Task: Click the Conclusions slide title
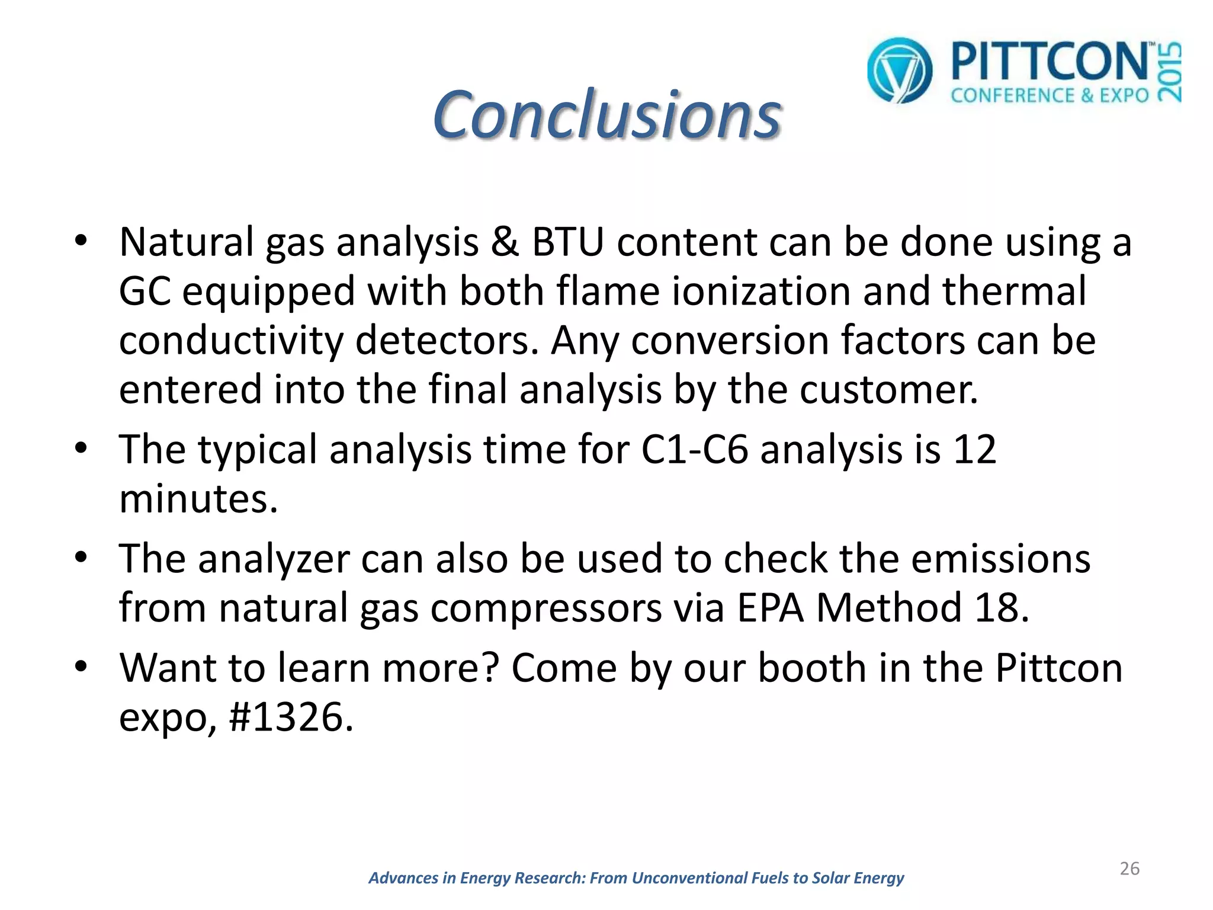(606, 114)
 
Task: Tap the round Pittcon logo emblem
(899, 71)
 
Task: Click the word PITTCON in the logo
(1049, 62)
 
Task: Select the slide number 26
(1129, 869)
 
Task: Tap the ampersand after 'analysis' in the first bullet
(505, 242)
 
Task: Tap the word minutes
(198, 499)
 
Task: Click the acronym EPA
(771, 608)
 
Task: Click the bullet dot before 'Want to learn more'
(81, 667)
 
